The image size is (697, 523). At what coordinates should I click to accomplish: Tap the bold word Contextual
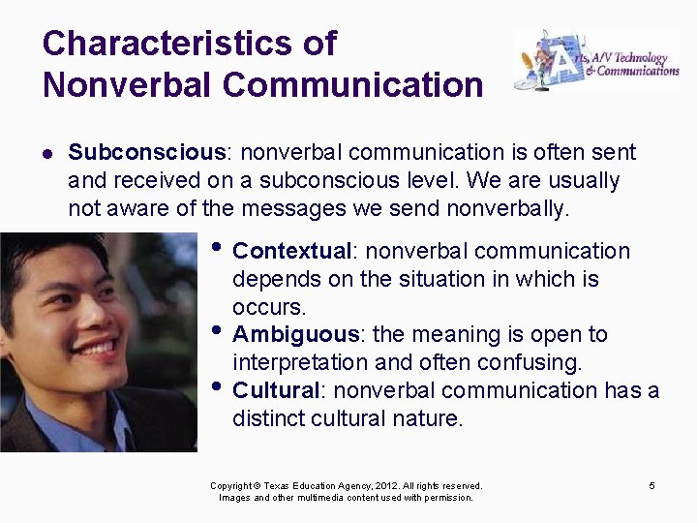[x=291, y=252]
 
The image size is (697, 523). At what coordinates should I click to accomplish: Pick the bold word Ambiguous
[x=295, y=335]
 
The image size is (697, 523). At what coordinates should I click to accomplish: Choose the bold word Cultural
[x=276, y=390]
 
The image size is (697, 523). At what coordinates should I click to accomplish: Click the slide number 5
[x=652, y=485]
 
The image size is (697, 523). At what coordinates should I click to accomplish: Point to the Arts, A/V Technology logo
[x=595, y=60]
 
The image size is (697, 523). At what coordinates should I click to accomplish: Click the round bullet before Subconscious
[x=47, y=153]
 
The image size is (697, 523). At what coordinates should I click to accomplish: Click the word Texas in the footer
[x=278, y=486]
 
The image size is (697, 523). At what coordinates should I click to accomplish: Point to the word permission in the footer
[x=446, y=498]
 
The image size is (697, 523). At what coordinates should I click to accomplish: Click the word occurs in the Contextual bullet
[x=267, y=308]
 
